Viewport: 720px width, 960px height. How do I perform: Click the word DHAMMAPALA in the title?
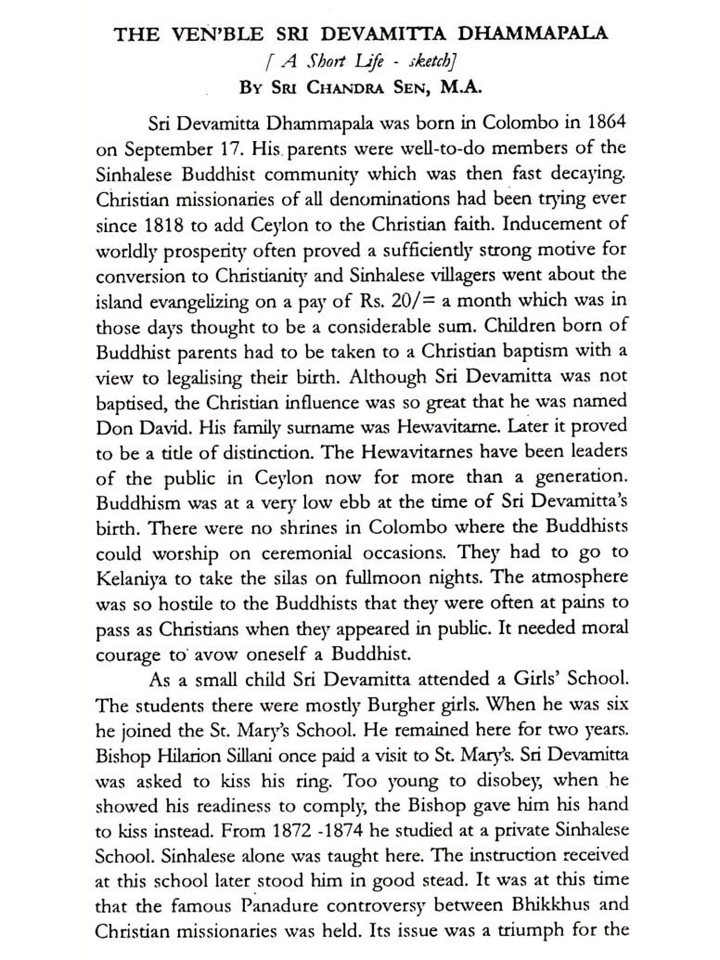point(533,34)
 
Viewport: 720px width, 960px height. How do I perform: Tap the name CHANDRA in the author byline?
point(345,88)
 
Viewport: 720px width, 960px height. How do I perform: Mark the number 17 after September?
point(229,148)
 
